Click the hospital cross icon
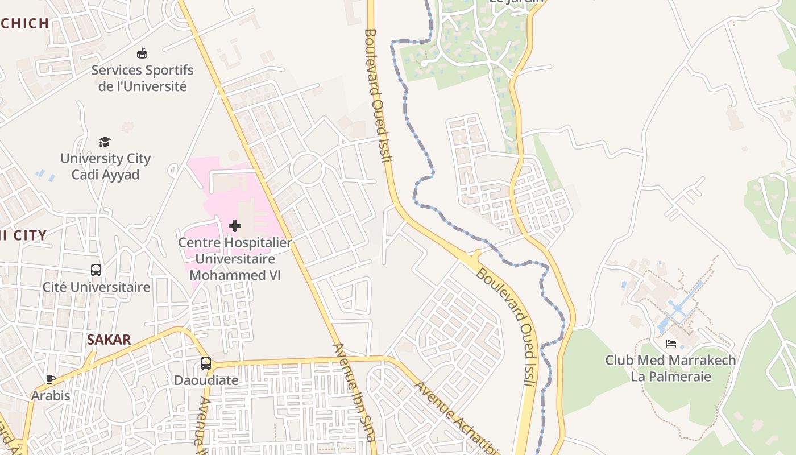click(x=234, y=226)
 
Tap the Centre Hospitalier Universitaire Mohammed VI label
click(x=235, y=259)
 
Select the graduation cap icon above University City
click(x=105, y=142)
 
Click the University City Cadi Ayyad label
click(x=105, y=166)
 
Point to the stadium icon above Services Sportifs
click(x=142, y=53)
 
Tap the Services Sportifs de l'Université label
click(x=142, y=78)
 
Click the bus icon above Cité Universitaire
click(x=96, y=270)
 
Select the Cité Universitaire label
click(x=97, y=287)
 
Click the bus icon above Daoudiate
click(x=206, y=363)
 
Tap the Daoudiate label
click(x=206, y=380)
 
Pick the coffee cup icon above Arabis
click(x=51, y=379)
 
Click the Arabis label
click(x=51, y=395)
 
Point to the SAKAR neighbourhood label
click(x=109, y=340)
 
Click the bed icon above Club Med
click(x=671, y=344)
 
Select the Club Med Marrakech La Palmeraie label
click(x=670, y=368)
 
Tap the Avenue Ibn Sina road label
click(x=354, y=392)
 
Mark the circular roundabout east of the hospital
click(x=307, y=168)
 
